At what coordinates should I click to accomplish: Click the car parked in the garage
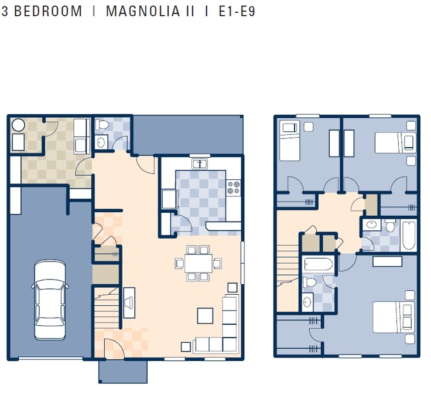[50, 299]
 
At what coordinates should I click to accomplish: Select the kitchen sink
[200, 164]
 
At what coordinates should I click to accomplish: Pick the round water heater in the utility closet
[18, 125]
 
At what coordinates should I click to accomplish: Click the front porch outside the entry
[123, 371]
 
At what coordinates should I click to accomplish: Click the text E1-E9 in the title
[237, 12]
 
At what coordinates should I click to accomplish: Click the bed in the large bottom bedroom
[393, 318]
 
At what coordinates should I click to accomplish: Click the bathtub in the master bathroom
[319, 265]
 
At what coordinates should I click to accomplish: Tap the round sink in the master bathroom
[308, 302]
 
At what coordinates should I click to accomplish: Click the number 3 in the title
[5, 12]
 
